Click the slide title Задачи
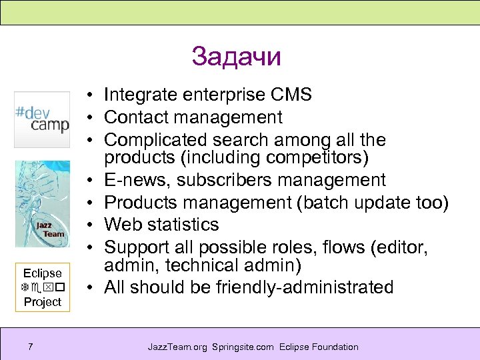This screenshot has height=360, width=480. pos(236,57)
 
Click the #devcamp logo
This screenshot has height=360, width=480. pos(42,119)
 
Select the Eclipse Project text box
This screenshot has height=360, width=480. pos(42,287)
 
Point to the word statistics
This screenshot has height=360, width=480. pos(180,224)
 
